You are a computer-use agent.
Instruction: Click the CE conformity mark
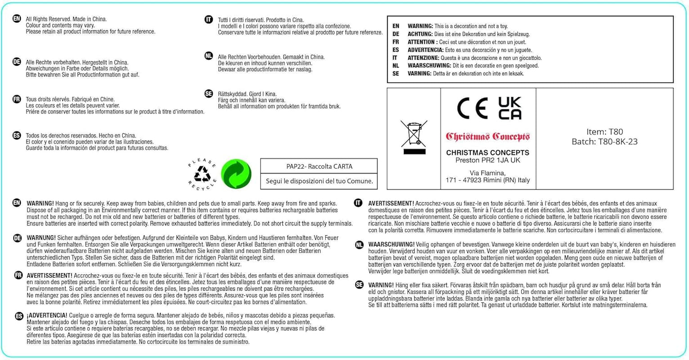point(472,108)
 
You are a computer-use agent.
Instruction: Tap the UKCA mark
point(510,108)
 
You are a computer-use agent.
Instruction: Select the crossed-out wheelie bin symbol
point(414,137)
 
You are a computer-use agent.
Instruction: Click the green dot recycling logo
point(236,174)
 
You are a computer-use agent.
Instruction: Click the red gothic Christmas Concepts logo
point(488,137)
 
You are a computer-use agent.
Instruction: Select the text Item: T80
point(604,132)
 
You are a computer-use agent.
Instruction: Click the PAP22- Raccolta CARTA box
point(319,166)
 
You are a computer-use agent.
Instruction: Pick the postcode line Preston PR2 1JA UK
point(488,160)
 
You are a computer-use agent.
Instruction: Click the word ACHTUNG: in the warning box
point(420,34)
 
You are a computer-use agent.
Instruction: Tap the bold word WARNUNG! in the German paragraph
point(41,238)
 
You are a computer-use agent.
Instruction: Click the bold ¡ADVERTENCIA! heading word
point(47,315)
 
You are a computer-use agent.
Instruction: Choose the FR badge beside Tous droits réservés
point(17,99)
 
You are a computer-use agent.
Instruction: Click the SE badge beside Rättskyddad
point(209,94)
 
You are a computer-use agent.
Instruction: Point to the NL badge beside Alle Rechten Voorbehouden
point(209,56)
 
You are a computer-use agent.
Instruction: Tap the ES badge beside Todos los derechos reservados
point(17,135)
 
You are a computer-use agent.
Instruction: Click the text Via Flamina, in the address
point(488,173)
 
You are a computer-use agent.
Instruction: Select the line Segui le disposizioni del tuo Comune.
point(319,181)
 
